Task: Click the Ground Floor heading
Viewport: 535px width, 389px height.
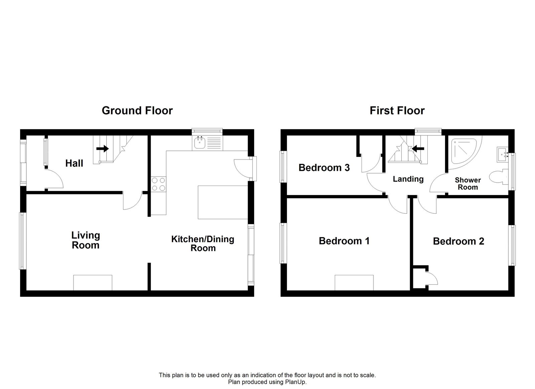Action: click(137, 110)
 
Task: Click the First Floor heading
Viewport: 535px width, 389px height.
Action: click(397, 110)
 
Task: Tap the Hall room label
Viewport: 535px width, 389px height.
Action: click(74, 163)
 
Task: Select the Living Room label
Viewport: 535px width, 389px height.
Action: click(86, 240)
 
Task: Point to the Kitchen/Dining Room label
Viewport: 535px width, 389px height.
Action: click(203, 244)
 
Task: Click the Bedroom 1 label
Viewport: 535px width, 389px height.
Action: click(344, 241)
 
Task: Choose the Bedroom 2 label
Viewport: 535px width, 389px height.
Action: click(458, 241)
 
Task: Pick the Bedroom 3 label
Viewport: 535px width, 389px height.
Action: click(324, 167)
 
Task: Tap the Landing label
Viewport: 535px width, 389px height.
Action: click(408, 179)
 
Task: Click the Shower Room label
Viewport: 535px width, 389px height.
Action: click(468, 184)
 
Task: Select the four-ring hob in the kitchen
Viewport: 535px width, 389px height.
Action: click(158, 184)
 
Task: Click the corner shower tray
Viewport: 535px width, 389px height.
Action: click(463, 151)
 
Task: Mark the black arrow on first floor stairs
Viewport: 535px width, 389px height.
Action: click(418, 148)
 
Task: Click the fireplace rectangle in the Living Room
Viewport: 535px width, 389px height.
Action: click(93, 283)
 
